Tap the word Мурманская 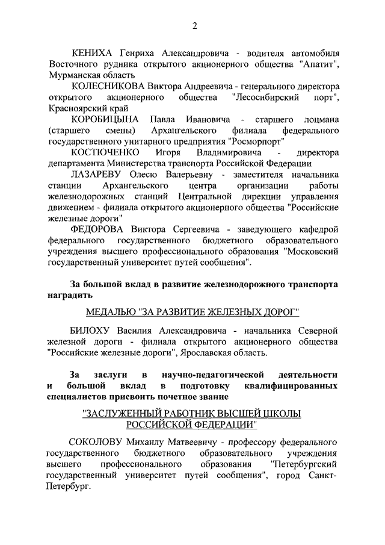(73, 75)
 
